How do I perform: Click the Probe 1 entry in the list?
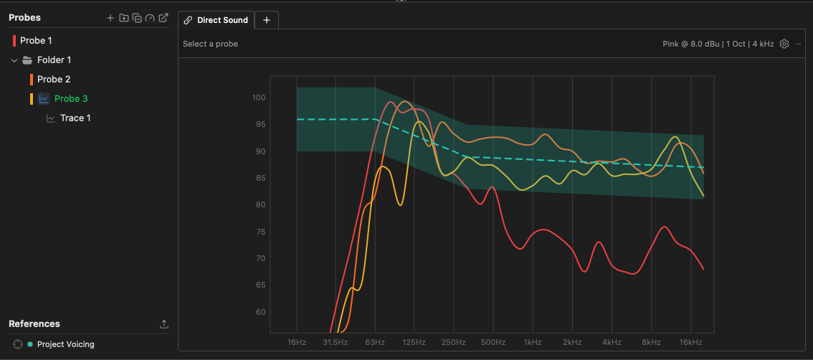point(36,40)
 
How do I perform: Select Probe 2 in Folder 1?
point(53,80)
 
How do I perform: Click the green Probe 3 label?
point(71,98)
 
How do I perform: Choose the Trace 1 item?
point(75,118)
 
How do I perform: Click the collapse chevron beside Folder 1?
point(14,60)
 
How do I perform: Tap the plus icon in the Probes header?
point(110,18)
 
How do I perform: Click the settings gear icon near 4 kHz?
point(784,44)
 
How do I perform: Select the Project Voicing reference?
point(66,344)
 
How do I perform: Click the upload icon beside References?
point(164,324)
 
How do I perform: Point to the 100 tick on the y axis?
point(258,98)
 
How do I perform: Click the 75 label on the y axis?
point(260,232)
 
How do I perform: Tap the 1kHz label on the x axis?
point(533,342)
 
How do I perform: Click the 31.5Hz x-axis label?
point(335,342)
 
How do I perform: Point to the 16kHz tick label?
point(690,342)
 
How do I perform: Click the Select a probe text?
point(210,44)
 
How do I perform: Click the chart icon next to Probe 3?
point(44,98)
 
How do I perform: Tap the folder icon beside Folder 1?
point(27,60)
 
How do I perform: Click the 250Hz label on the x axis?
point(453,342)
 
